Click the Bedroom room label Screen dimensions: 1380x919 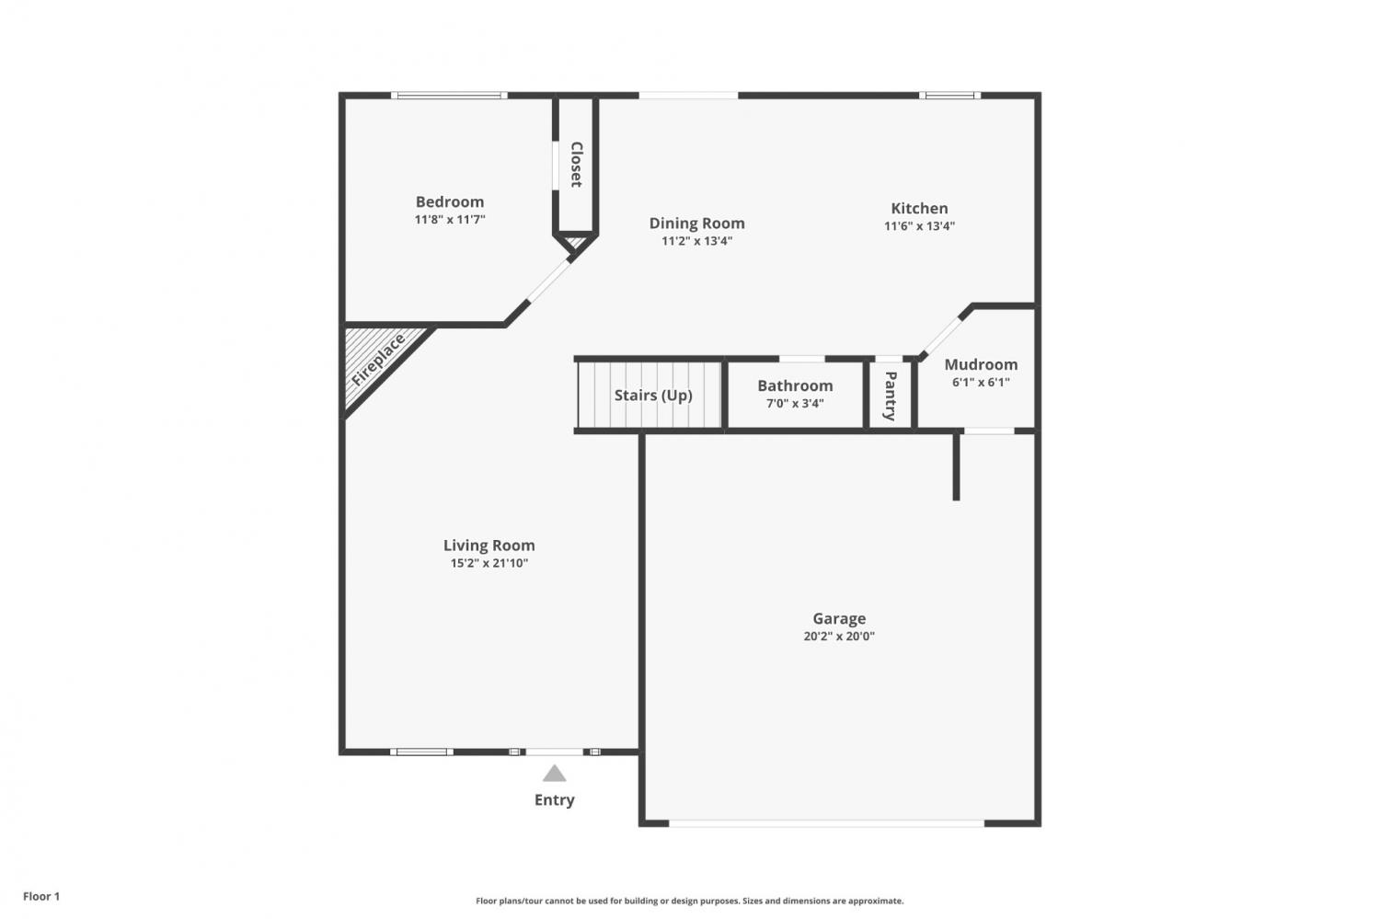450,201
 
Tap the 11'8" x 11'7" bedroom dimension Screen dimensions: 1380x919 450,219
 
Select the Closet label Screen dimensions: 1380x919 577,165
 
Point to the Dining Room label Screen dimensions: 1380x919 696,223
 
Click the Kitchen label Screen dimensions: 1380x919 919,208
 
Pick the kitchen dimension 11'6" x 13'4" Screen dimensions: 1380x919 919,226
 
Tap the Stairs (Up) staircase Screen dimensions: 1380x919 650,395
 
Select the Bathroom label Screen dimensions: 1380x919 795,385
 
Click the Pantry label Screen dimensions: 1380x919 891,396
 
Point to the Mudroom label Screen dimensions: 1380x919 981,364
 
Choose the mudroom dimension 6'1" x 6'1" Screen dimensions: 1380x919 981,383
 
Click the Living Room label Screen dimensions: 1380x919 489,546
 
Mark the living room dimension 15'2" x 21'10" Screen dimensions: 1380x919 489,563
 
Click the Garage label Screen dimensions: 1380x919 839,618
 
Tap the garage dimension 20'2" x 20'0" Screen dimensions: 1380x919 839,637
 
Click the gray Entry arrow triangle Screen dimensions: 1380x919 554,774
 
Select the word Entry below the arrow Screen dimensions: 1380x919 555,800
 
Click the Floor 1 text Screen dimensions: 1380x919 41,896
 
